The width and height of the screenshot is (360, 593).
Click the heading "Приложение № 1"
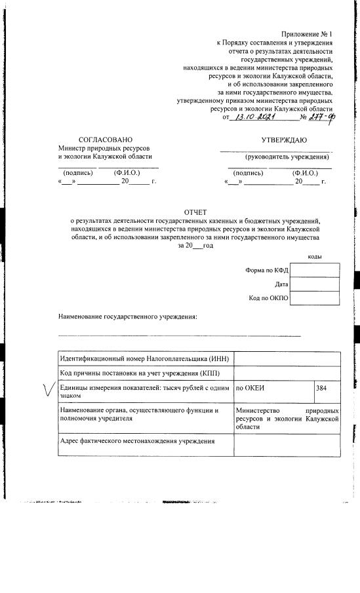tap(308, 33)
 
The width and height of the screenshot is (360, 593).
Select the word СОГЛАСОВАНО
tap(105, 140)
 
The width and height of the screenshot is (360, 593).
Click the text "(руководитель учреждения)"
tap(287, 157)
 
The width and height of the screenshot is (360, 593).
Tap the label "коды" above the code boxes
tap(314, 256)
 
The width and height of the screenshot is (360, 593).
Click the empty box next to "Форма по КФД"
tap(314, 270)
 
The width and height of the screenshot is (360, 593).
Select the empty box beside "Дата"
tap(314, 284)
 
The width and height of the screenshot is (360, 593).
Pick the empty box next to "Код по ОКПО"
tap(314, 299)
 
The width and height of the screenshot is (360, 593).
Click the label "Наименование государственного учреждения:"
tap(128, 317)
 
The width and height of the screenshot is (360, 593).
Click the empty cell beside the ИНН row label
tap(287, 359)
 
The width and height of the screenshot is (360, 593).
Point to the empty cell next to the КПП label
tap(287, 373)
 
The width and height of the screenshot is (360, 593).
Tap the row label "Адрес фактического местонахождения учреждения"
tap(138, 441)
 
